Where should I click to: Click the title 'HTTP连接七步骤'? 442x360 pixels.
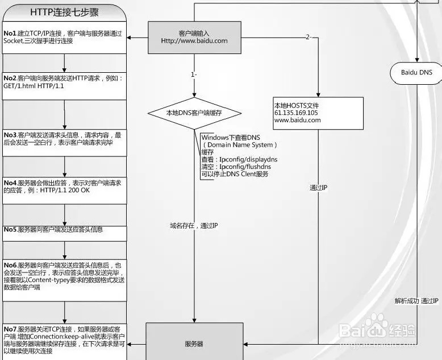tap(64, 11)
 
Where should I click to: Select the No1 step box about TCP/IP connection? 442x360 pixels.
tap(64, 38)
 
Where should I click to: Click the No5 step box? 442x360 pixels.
tap(64, 230)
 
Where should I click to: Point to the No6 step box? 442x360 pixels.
tap(64, 276)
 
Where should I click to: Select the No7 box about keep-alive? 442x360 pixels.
tap(64, 340)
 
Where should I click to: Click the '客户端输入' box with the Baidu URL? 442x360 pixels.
tap(194, 37)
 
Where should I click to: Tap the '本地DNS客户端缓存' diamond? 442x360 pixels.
tap(194, 113)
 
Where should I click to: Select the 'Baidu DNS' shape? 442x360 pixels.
tap(416, 72)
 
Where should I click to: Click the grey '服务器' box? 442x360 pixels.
tap(194, 344)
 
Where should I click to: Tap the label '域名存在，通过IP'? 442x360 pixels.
tap(194, 226)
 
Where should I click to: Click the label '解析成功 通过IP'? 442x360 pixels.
tap(416, 300)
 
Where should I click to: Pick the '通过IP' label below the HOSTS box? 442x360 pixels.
tap(318, 188)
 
